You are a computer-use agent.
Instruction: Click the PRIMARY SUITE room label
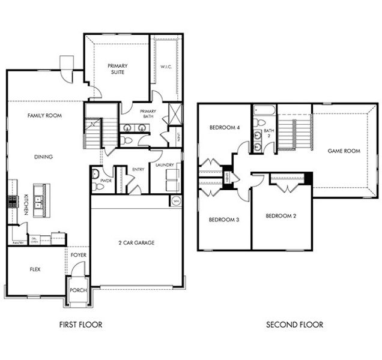tap(120, 70)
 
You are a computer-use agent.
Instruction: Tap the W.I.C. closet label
tap(166, 67)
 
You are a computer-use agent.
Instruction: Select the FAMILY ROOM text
tap(45, 115)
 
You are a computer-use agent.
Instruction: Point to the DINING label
tap(43, 157)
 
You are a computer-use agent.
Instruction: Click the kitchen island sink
tap(40, 200)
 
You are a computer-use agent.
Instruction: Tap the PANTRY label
tap(17, 243)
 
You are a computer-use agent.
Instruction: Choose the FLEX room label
tap(35, 269)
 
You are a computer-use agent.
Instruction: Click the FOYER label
tap(78, 254)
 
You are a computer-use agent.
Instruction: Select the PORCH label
tap(78, 290)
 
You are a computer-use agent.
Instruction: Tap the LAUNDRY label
tap(164, 165)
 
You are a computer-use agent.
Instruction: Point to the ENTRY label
tap(138, 170)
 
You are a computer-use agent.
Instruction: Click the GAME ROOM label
tap(344, 151)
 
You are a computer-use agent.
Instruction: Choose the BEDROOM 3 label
tap(223, 220)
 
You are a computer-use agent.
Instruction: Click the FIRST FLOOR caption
tap(80, 325)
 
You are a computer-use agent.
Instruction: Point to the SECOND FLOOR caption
tap(294, 325)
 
